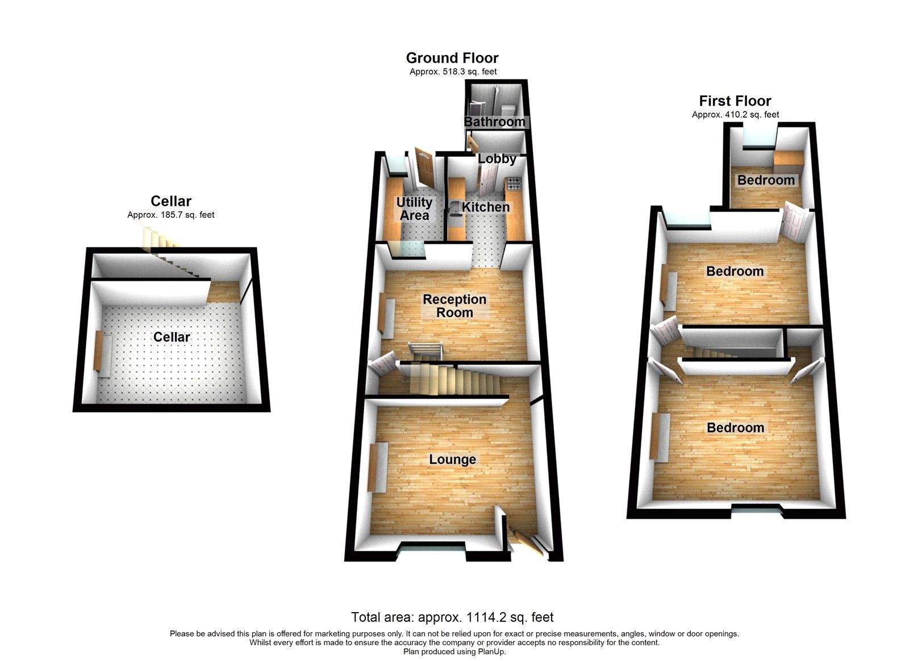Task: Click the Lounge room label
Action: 452,459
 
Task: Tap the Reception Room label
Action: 454,306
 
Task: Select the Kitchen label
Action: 485,207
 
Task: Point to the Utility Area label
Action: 414,209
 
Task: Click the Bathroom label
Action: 494,122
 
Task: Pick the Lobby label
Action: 497,159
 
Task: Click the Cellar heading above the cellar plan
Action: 171,201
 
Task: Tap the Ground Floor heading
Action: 452,58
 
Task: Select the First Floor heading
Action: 735,101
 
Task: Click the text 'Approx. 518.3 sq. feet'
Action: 453,72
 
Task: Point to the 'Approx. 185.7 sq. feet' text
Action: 171,215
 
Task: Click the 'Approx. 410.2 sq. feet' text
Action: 735,114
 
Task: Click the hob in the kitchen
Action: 514,183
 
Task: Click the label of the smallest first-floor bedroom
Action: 766,180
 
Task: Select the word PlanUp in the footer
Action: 491,651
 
